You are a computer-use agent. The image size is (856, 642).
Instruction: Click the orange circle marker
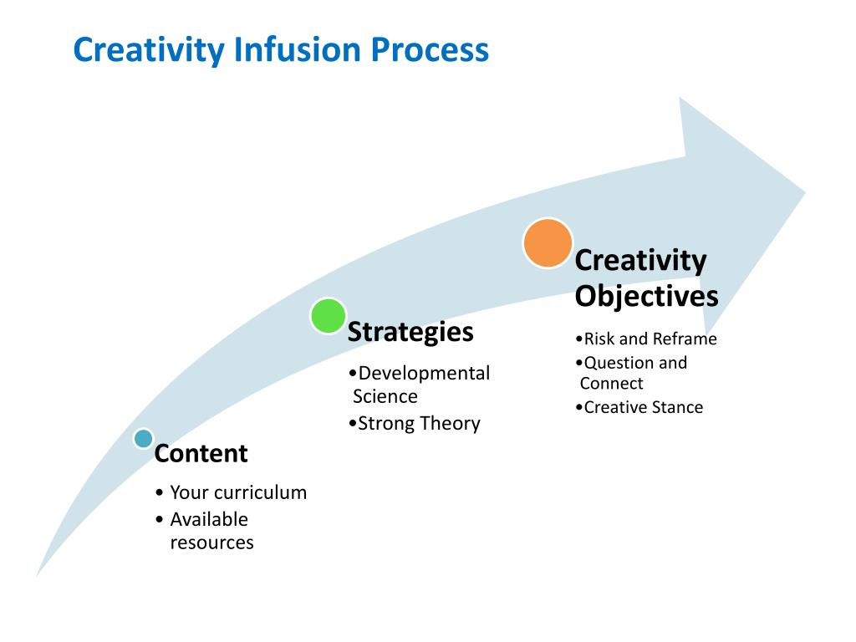pos(548,242)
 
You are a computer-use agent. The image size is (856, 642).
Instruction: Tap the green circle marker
pos(328,316)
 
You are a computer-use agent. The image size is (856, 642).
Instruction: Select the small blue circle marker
pos(144,438)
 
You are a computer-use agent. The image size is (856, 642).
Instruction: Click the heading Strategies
pos(410,332)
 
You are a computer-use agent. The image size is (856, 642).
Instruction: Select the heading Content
pos(201,454)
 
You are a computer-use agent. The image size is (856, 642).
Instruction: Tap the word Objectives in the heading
pos(646,296)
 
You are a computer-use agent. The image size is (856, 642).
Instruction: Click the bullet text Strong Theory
pos(419,423)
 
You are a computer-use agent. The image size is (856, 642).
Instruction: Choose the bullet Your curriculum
pos(238,492)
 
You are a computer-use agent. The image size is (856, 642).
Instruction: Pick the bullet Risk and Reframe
pos(650,339)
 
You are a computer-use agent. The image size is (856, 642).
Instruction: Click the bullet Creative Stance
pos(644,408)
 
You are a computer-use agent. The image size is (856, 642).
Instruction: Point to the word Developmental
pos(424,373)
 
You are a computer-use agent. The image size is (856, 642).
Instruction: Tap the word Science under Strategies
pos(385,396)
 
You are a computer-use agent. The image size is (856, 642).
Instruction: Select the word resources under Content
pos(211,543)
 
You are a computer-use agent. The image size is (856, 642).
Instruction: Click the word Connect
pos(611,384)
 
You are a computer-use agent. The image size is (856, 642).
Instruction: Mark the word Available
pos(209,519)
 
